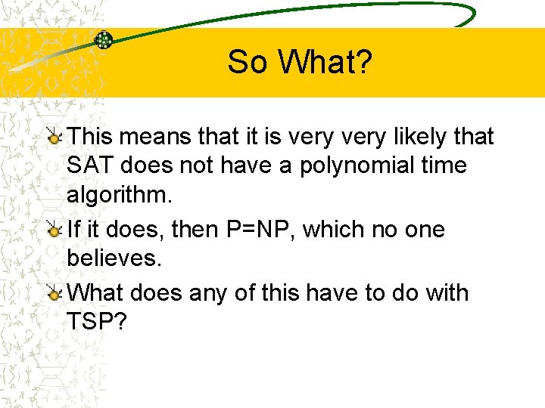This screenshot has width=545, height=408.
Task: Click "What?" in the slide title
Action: pyautogui.click(x=325, y=62)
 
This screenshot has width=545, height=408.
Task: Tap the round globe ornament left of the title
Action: pyautogui.click(x=104, y=40)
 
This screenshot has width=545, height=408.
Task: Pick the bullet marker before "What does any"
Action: pyautogui.click(x=54, y=294)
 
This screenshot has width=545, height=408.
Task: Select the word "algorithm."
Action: pyautogui.click(x=120, y=196)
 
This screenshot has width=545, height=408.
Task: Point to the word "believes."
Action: pyautogui.click(x=114, y=258)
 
